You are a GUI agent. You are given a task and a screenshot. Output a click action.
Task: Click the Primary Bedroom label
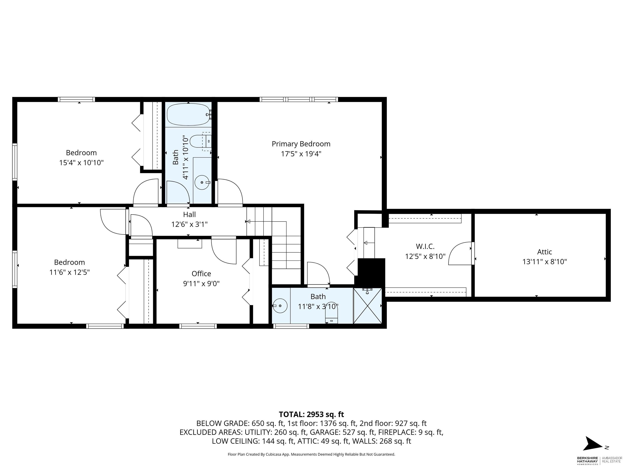[x=301, y=144]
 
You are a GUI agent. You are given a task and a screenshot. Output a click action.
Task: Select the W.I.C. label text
[x=425, y=246]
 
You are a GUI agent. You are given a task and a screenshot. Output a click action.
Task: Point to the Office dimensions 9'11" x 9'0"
[x=201, y=283]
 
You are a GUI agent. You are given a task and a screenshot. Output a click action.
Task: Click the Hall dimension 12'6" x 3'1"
[x=189, y=224]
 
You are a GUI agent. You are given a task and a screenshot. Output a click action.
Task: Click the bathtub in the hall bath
[x=188, y=114]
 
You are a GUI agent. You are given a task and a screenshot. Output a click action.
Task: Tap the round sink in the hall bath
[x=202, y=182]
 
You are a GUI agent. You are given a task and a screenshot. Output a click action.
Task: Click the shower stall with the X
[x=367, y=306]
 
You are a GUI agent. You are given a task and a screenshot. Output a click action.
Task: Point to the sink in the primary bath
[x=280, y=306]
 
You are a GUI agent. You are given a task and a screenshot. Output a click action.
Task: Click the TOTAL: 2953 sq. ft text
[x=311, y=414]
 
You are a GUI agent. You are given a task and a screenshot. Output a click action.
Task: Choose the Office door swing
[x=224, y=251]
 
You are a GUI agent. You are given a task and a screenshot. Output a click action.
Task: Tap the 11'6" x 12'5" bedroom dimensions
[x=70, y=272]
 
